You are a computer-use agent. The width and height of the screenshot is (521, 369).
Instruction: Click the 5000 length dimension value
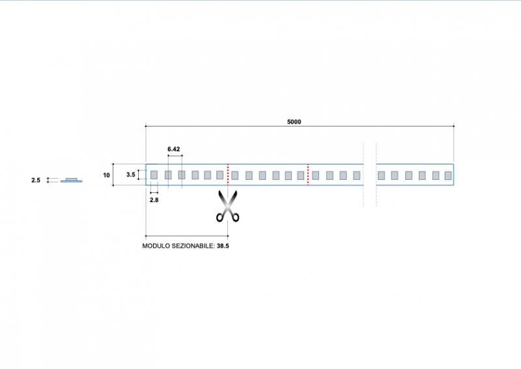(x=294, y=121)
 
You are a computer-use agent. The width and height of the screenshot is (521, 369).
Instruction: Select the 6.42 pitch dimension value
(x=174, y=149)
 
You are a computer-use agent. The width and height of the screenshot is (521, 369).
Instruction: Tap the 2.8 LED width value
(x=154, y=200)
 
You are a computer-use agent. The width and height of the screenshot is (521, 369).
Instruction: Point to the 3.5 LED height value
(x=131, y=175)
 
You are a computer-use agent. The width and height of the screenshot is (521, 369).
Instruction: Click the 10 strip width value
(x=106, y=175)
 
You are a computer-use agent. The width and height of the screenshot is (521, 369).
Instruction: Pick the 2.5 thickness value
(x=36, y=180)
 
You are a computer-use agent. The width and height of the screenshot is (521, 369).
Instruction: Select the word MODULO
(x=156, y=247)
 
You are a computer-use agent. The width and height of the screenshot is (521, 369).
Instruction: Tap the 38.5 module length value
(x=223, y=247)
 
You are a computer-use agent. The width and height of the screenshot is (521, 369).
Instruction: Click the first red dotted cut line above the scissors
(x=227, y=175)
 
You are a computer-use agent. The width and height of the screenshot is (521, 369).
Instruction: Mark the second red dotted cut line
(x=307, y=175)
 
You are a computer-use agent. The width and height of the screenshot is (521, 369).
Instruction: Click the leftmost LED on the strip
(x=154, y=175)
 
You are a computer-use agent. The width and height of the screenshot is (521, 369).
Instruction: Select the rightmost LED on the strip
(x=448, y=175)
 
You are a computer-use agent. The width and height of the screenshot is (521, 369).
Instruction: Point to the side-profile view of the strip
(x=71, y=180)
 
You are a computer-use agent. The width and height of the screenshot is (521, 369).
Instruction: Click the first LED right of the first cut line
(x=235, y=175)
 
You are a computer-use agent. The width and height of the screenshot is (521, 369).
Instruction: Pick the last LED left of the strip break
(x=356, y=175)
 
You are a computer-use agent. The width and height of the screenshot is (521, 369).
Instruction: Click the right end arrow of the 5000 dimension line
(x=453, y=125)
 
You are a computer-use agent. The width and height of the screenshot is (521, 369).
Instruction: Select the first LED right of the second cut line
(x=316, y=175)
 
